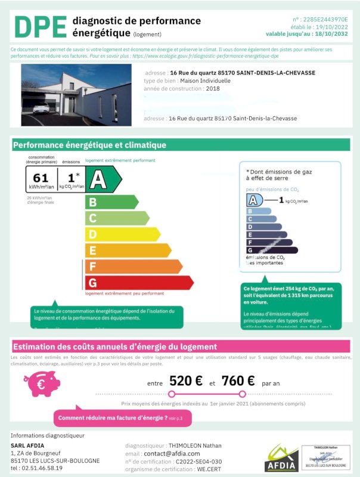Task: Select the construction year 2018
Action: point(212,88)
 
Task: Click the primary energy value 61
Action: point(41,177)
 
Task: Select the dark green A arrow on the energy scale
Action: point(103,177)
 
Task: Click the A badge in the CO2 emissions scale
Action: point(255,200)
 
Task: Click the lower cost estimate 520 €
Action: point(185,381)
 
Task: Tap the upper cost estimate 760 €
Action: point(238,381)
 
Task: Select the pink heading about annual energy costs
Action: point(114,346)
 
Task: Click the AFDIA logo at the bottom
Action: point(281,459)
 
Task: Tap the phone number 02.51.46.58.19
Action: point(36,468)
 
